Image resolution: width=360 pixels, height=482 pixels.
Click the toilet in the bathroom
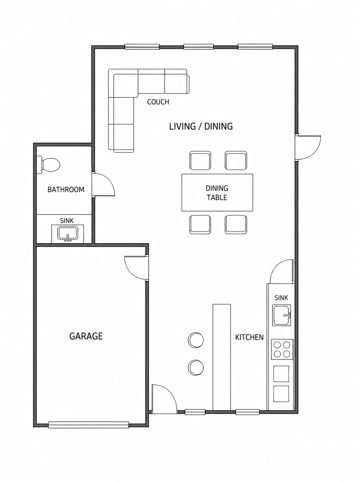point(48,165)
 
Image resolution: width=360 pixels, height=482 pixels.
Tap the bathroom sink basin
point(67,233)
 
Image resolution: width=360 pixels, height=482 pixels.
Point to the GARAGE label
point(86,336)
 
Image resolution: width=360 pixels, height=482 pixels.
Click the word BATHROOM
point(66,190)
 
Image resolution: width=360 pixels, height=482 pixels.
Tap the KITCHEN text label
point(249,337)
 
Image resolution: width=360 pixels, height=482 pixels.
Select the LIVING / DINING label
point(201,127)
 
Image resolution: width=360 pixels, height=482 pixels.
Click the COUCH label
point(158,102)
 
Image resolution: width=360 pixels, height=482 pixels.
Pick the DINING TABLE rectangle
point(217,192)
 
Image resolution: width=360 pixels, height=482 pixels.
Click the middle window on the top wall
point(198,47)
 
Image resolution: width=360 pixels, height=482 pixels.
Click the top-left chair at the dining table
point(200,160)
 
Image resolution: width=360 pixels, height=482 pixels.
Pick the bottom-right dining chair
point(236,224)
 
